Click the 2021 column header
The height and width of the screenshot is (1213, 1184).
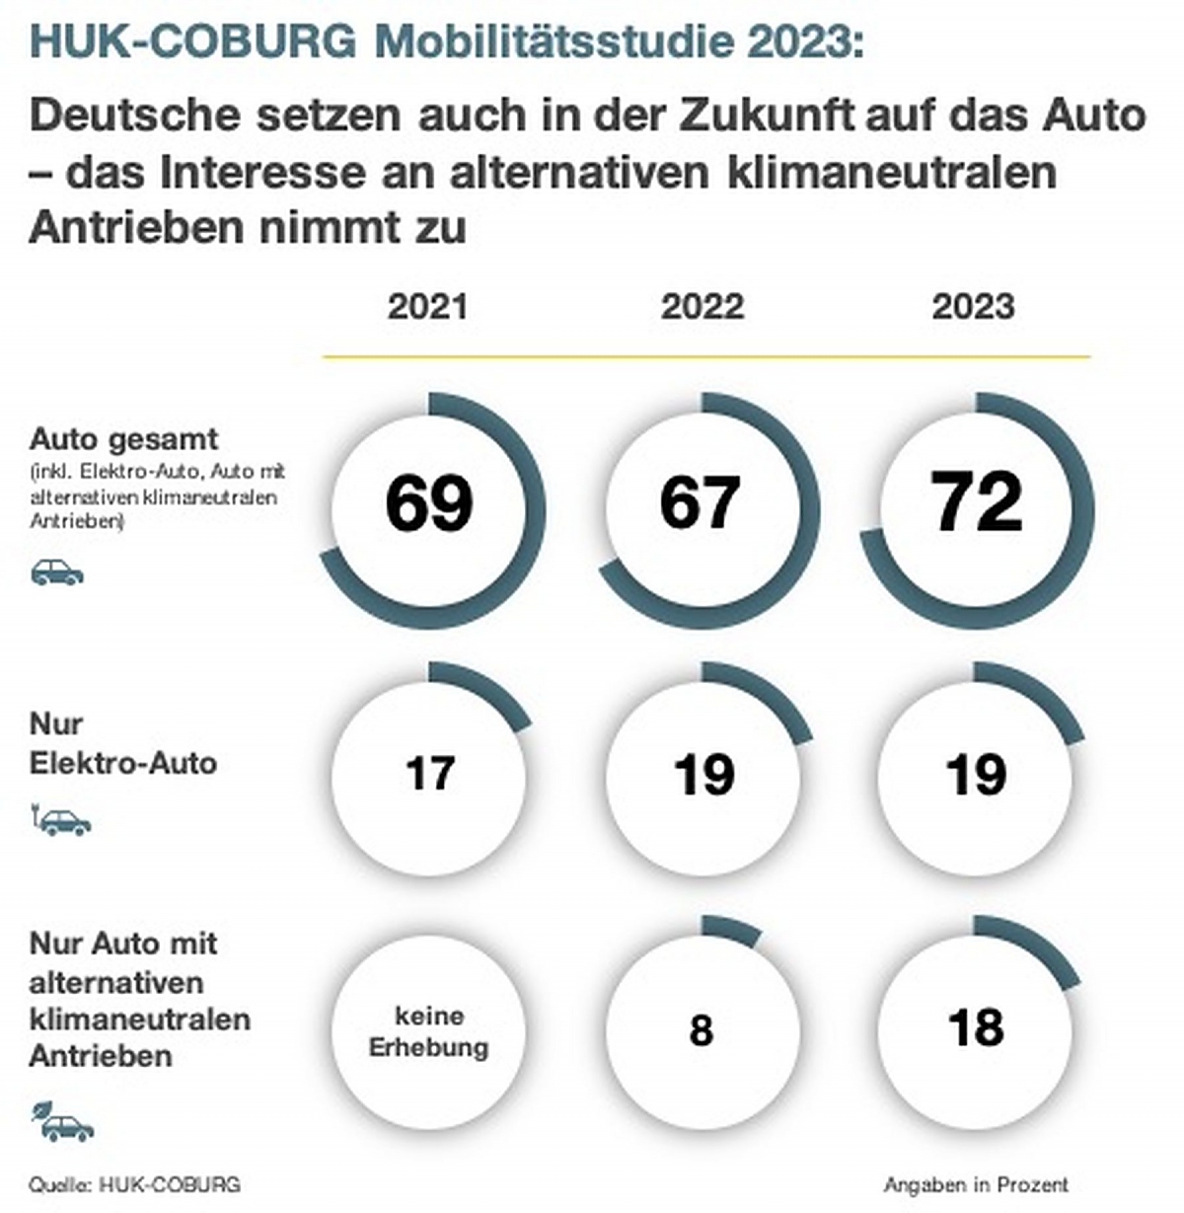click(x=427, y=307)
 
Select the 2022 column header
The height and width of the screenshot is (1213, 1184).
click(x=703, y=307)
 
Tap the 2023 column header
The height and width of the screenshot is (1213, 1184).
click(x=974, y=307)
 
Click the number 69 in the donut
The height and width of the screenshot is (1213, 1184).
click(x=429, y=503)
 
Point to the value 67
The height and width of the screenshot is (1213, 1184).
click(x=701, y=501)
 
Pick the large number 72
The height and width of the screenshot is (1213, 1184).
click(x=977, y=500)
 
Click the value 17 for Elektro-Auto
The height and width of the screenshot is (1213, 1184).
click(x=430, y=773)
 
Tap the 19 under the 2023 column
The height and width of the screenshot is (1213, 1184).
click(x=976, y=775)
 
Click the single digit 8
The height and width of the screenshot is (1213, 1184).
click(x=702, y=1029)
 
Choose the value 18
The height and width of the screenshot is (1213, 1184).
click(x=976, y=1027)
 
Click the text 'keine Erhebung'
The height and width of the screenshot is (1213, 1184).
click(x=429, y=1031)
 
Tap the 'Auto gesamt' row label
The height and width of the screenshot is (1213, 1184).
click(x=123, y=439)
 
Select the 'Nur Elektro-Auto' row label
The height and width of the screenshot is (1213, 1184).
click(x=122, y=743)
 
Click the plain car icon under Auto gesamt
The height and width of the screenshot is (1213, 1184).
click(x=56, y=571)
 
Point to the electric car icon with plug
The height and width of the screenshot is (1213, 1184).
click(x=61, y=819)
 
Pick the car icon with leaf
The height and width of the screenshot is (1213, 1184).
click(x=62, y=1122)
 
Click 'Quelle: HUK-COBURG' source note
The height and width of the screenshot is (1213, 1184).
click(x=134, y=1185)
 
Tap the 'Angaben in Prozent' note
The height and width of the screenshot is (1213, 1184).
click(x=976, y=1183)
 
